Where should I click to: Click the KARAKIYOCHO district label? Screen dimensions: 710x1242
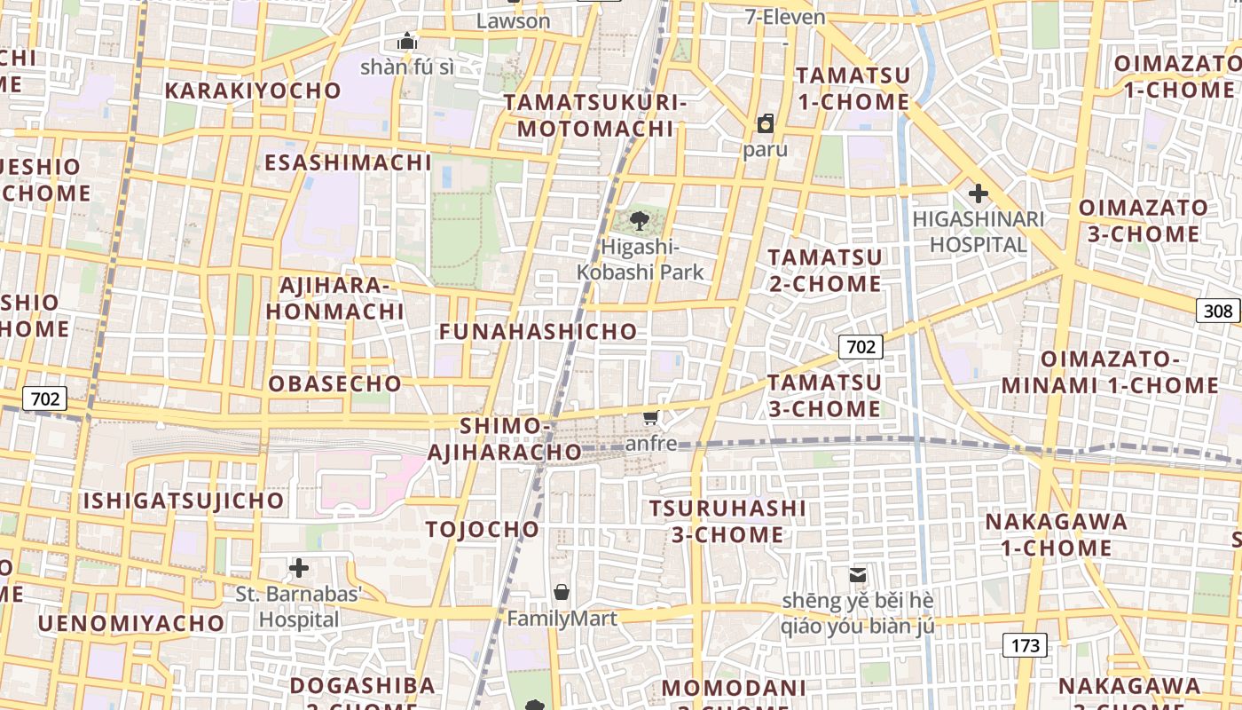click(x=253, y=91)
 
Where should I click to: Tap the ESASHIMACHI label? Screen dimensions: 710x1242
click(x=348, y=162)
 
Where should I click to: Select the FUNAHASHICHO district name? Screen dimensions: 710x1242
click(x=538, y=331)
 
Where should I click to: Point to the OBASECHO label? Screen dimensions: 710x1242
click(x=335, y=383)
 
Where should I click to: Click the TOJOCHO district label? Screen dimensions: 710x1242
click(x=483, y=530)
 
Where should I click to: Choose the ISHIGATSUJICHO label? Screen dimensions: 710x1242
click(x=184, y=501)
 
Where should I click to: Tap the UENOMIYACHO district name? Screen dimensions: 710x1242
click(x=130, y=623)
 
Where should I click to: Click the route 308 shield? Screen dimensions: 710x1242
click(x=1219, y=310)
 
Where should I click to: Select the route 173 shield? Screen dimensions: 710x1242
click(x=1025, y=645)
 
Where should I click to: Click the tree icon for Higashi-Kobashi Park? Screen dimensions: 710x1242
click(x=639, y=221)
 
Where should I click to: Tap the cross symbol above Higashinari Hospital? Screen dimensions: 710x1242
click(x=979, y=193)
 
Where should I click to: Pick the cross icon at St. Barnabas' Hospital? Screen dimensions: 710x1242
click(x=299, y=568)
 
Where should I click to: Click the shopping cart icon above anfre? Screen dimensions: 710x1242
click(x=651, y=417)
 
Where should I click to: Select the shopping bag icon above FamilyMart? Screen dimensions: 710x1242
click(x=562, y=592)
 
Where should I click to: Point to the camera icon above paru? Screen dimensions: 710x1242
click(x=765, y=123)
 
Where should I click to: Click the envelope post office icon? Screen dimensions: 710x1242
click(x=858, y=574)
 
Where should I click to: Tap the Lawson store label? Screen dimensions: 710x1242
click(x=514, y=20)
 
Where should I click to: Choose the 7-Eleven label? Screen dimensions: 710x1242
click(x=785, y=17)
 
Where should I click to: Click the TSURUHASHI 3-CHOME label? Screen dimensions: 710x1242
click(x=727, y=521)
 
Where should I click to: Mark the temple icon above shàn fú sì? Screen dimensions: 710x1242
click(x=407, y=41)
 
